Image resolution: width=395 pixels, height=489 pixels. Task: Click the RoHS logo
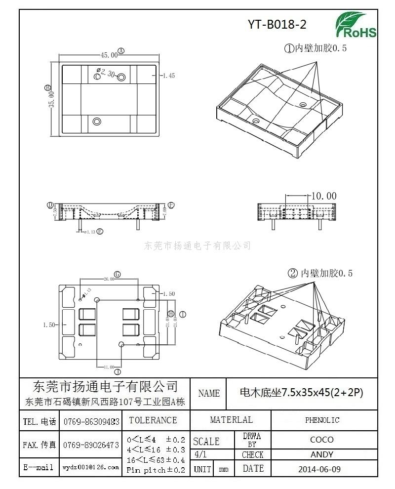pos(355,25)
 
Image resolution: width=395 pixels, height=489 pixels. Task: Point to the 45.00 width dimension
pos(109,54)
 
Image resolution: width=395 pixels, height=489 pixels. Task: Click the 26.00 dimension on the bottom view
pos(109,279)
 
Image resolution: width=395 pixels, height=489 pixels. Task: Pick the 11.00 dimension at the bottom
pos(109,367)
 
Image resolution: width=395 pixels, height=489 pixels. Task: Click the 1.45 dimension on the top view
pos(168,76)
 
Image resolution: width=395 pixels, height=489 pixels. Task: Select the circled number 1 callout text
pos(315,48)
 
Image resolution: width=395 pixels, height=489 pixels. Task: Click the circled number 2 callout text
pos(320,273)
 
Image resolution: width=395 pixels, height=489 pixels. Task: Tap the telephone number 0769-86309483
pos(91,422)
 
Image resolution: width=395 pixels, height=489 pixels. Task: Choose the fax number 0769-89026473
pos(91,445)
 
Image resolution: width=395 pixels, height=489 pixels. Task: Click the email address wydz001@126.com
pos(91,467)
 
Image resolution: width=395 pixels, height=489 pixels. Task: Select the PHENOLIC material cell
pos(322,420)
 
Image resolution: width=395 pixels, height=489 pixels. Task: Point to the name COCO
pos(322,440)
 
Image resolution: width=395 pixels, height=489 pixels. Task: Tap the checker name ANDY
pos(322,454)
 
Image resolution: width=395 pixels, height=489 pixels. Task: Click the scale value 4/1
pos(201,454)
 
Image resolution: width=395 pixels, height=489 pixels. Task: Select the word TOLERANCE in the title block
pos(153,420)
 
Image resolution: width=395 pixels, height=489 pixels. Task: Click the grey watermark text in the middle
pos(198,245)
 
